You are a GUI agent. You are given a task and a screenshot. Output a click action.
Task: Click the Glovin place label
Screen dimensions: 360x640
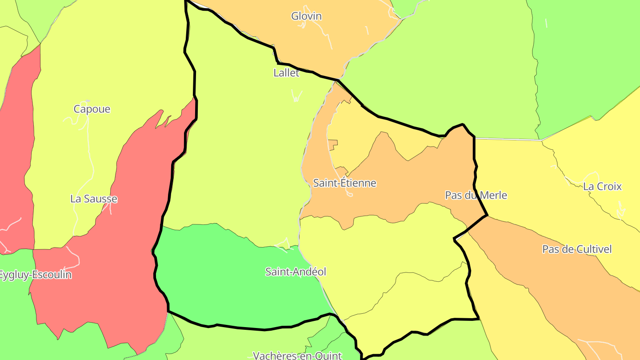306,16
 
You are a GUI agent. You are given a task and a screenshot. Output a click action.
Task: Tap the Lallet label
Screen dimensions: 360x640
286,73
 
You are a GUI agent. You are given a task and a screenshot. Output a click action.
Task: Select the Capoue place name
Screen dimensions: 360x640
92,109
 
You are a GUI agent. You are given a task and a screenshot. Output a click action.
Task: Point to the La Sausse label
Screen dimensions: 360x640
94,199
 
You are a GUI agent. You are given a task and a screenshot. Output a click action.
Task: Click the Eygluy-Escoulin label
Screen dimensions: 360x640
35,275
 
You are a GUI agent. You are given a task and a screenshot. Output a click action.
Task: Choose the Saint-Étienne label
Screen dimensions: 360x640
344,183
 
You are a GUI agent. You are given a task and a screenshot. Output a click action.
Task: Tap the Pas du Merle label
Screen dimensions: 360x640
476,196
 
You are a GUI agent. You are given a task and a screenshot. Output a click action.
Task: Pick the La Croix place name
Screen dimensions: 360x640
602,187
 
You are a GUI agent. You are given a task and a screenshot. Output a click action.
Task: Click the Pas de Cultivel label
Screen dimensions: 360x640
576,249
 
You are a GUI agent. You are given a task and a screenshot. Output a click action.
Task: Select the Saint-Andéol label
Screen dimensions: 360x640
296,272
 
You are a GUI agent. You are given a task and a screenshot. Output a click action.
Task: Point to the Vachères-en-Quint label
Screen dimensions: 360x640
297,356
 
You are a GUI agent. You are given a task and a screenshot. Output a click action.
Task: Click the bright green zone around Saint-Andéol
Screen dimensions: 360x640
222,284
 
